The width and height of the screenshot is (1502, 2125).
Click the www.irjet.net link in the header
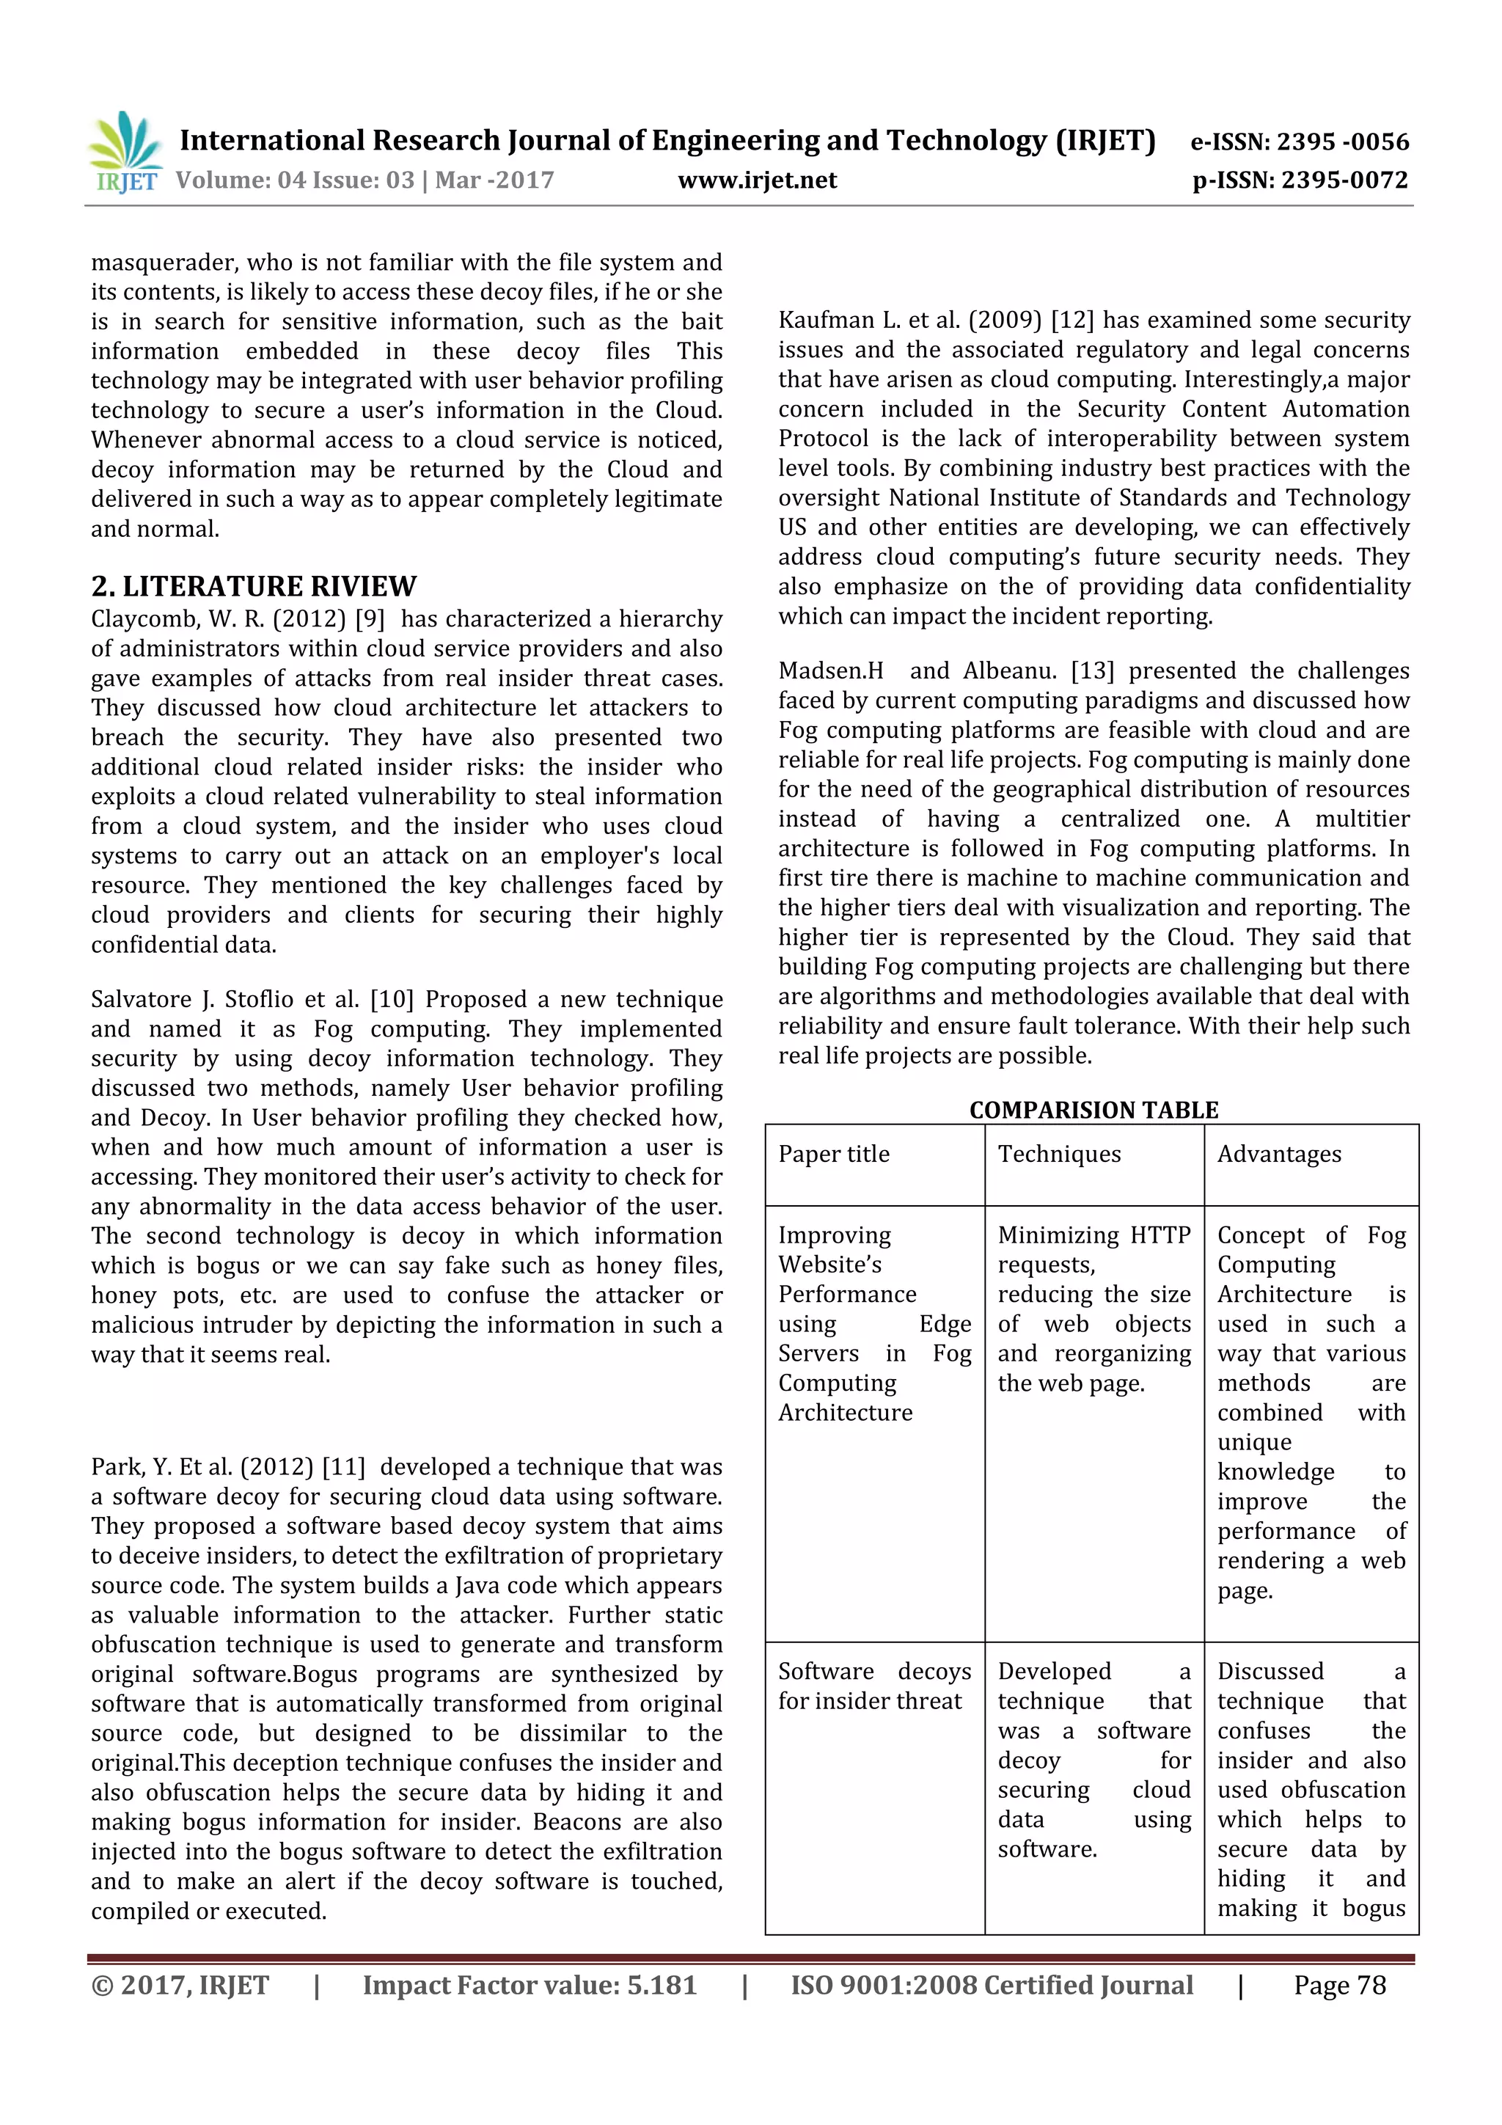pos(757,180)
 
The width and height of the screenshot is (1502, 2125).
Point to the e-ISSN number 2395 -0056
pos(1342,142)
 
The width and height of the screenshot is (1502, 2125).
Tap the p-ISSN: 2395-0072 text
pos(1300,180)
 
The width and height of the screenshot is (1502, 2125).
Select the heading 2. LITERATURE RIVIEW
pos(254,586)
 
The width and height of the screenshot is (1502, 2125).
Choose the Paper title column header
pos(833,1154)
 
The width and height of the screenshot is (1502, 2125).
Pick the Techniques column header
pos(1059,1154)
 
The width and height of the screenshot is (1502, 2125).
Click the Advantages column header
pos(1278,1154)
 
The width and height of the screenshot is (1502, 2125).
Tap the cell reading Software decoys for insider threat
pos(873,1686)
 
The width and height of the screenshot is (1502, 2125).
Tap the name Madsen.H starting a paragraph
pos(830,671)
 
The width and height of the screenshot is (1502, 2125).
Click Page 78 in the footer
pos(1339,1984)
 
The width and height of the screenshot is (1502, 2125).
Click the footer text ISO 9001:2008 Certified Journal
pos(991,1984)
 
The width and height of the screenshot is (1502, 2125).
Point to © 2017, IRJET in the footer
pos(180,1984)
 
